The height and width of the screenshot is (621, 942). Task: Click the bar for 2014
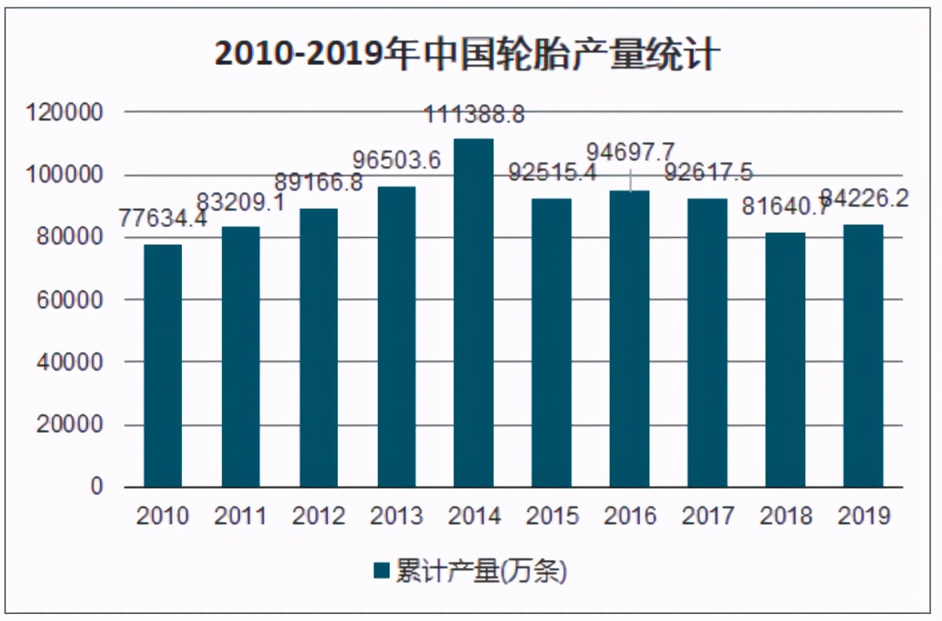[x=474, y=312]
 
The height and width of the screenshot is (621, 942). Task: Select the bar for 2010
[x=163, y=366]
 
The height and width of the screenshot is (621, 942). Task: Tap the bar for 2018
[x=785, y=360]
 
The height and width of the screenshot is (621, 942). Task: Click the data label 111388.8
[x=474, y=115]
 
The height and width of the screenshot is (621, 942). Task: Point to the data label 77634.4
[x=163, y=218]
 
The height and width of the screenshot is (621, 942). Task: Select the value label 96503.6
[x=396, y=160]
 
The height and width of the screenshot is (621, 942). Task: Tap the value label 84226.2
[x=864, y=198]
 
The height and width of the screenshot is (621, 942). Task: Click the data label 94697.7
[x=630, y=152]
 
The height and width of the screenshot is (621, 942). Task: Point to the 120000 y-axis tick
[x=65, y=112]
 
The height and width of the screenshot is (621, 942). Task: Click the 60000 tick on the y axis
[x=70, y=300]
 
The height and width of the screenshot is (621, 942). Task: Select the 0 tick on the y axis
[x=97, y=486]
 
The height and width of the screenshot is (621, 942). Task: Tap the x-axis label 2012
[x=318, y=516]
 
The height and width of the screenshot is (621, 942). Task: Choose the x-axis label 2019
[x=864, y=516]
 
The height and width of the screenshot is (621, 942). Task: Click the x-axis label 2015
[x=552, y=516]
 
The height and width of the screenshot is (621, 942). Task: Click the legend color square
[x=381, y=571]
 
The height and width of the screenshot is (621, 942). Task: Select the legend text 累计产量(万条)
[x=481, y=571]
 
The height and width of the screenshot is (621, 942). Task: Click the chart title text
[x=467, y=53]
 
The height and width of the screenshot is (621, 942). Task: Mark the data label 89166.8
[x=318, y=182]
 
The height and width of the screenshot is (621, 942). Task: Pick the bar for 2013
[x=396, y=336]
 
